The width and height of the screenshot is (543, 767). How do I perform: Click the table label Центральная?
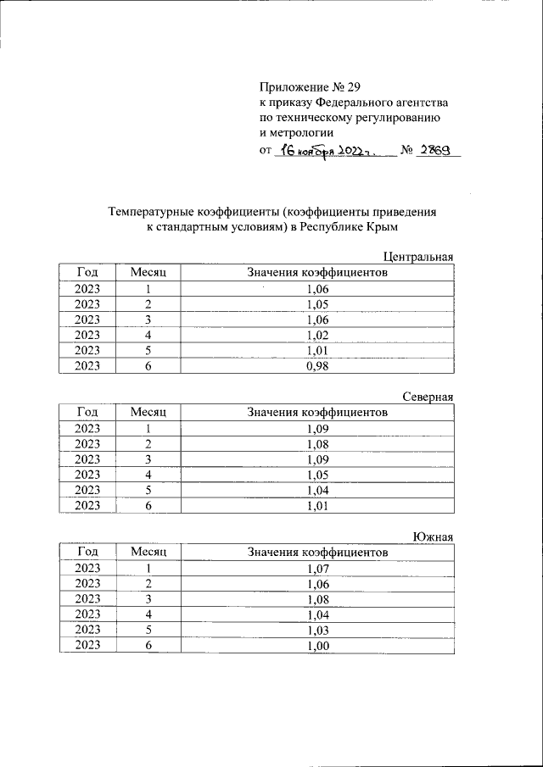click(x=418, y=257)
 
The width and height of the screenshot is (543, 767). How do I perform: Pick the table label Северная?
click(x=427, y=397)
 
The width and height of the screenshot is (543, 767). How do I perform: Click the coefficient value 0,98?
click(x=316, y=366)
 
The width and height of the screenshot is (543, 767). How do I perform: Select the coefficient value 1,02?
click(x=316, y=335)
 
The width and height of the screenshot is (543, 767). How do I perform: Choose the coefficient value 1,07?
click(x=316, y=568)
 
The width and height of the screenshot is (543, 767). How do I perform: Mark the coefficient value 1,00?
click(x=316, y=646)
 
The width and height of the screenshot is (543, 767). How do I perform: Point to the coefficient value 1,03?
click(x=316, y=630)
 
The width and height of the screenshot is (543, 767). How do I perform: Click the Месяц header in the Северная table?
click(x=148, y=412)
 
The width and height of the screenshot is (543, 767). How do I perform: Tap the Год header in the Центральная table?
click(x=87, y=272)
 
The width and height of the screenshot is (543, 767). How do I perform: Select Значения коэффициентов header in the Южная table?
click(x=316, y=552)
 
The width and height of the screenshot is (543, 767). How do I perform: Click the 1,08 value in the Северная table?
click(x=316, y=443)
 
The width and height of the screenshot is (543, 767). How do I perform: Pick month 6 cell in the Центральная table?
click(x=148, y=366)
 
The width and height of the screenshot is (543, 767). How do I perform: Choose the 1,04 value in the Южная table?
click(x=316, y=614)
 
